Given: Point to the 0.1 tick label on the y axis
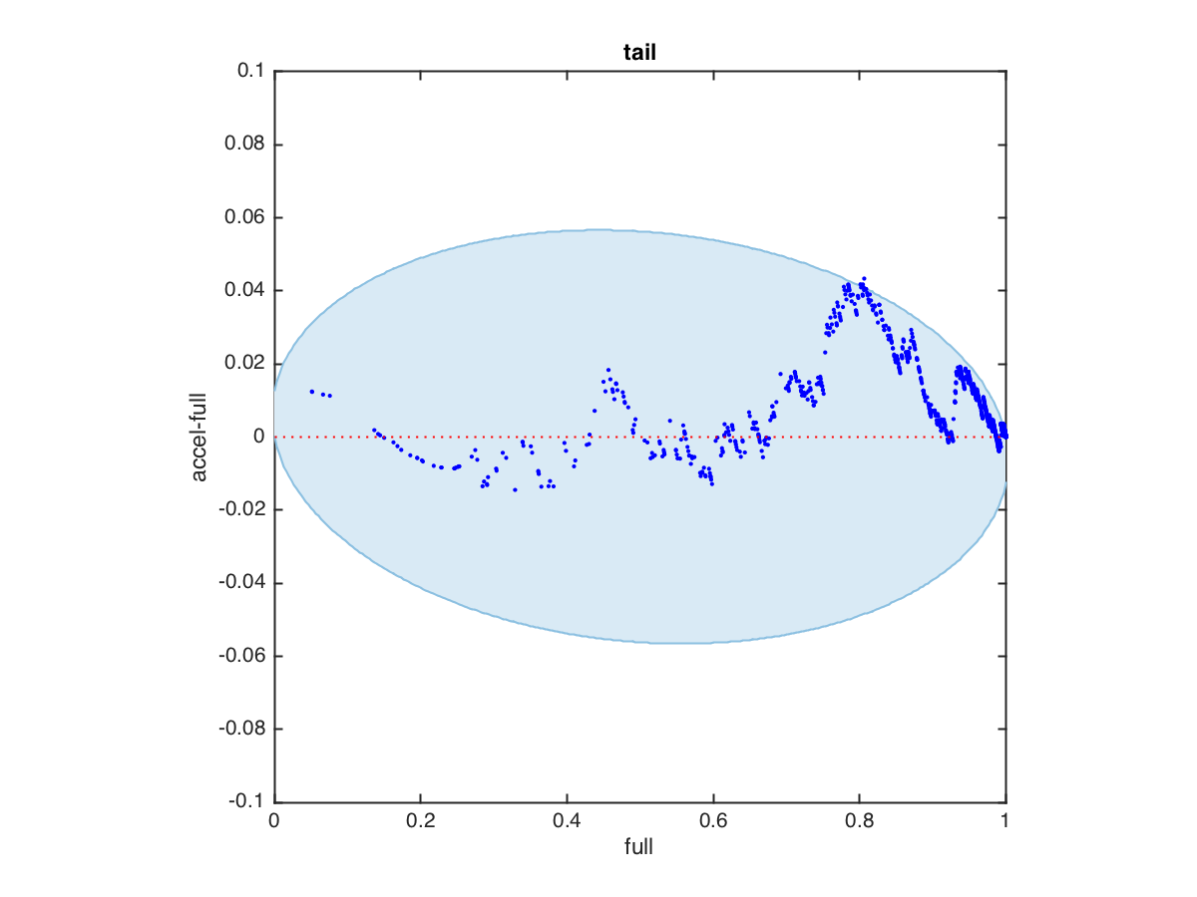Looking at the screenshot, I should point(250,72).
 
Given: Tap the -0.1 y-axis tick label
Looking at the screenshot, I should point(246,802).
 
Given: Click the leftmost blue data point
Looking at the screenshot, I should point(311,391).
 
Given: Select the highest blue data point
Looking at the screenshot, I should point(864,278).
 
